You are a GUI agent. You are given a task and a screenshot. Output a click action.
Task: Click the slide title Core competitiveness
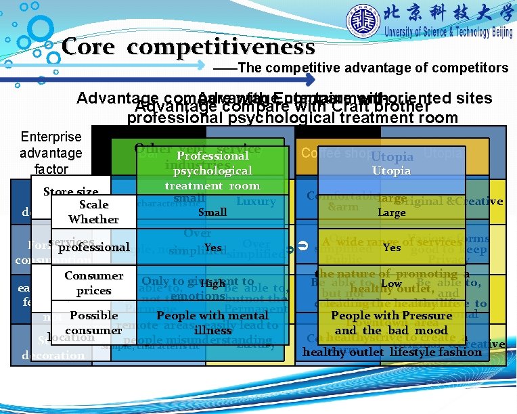(x=188, y=47)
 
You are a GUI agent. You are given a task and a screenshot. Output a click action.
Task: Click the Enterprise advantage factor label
(x=51, y=153)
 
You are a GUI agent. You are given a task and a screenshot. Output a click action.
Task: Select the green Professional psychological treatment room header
(x=212, y=170)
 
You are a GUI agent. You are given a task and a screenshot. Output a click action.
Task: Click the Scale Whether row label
(x=93, y=212)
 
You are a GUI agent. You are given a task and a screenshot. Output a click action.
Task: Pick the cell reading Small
(x=212, y=212)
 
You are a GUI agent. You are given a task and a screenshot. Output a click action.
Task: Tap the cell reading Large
(x=391, y=212)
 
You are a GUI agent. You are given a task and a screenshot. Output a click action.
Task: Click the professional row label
(x=93, y=248)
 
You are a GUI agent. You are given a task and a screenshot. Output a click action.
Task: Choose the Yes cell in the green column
(x=212, y=248)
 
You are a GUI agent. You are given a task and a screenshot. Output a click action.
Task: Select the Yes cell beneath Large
(x=391, y=248)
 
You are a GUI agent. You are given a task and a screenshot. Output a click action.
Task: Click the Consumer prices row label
(x=93, y=283)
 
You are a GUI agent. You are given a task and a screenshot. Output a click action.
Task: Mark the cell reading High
(x=212, y=283)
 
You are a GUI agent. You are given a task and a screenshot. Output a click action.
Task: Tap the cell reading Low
(x=391, y=283)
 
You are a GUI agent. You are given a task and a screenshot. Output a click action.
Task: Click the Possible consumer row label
(x=93, y=323)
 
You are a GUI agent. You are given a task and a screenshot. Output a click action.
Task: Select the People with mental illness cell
(x=212, y=323)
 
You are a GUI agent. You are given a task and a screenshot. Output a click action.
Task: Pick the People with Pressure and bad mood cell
(x=391, y=323)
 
